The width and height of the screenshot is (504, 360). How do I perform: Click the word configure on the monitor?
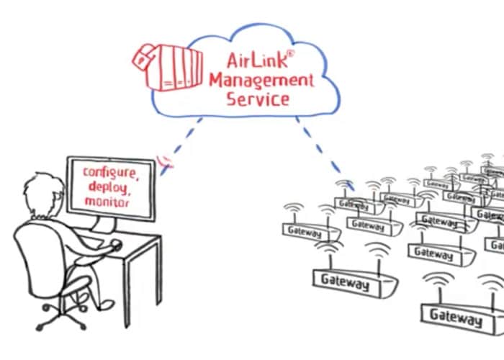109,173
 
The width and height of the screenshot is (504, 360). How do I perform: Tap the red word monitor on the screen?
107,202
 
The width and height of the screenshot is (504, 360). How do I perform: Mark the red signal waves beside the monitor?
166,162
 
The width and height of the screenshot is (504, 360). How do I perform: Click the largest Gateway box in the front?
455,315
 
